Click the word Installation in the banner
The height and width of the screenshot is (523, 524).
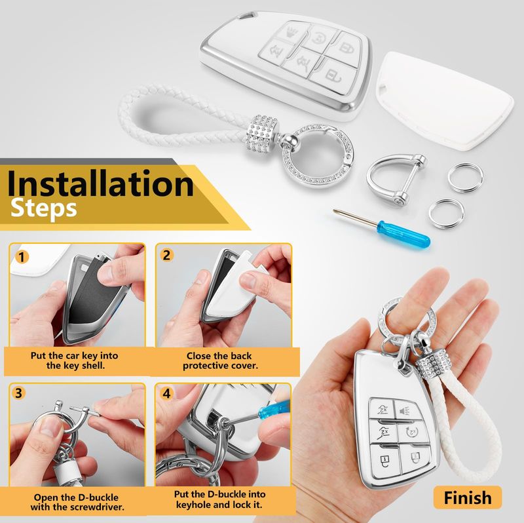100,184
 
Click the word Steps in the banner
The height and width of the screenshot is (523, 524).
43,209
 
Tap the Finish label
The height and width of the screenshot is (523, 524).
468,497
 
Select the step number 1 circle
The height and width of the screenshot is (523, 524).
22,257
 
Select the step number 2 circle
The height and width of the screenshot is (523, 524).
166,255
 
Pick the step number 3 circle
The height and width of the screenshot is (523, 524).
19,393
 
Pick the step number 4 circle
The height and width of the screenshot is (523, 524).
166,394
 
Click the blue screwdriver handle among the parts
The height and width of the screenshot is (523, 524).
403,233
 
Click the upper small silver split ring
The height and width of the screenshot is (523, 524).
465,177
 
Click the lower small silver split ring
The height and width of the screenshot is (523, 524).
447,213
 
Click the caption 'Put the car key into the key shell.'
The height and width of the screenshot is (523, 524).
75,360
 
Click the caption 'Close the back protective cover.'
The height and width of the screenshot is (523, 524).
220,360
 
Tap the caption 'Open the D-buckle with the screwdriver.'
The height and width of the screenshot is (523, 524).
77,502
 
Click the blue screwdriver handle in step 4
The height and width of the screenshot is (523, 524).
274,410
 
